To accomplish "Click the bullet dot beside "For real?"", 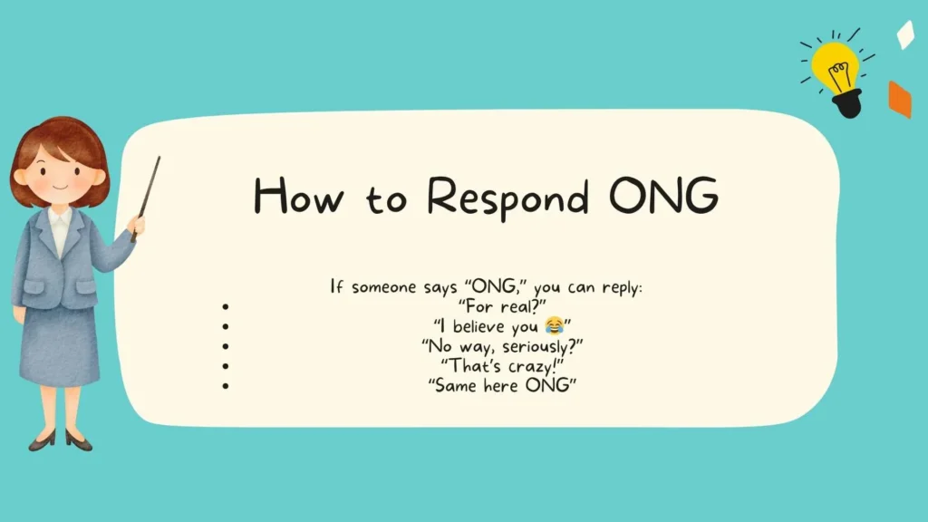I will (225, 306).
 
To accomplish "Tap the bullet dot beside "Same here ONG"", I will (225, 386).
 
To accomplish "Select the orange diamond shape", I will (899, 100).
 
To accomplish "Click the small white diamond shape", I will (904, 34).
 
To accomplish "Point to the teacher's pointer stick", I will (148, 195).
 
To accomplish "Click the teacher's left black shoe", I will (42, 440).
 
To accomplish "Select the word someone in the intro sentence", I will (381, 287).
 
